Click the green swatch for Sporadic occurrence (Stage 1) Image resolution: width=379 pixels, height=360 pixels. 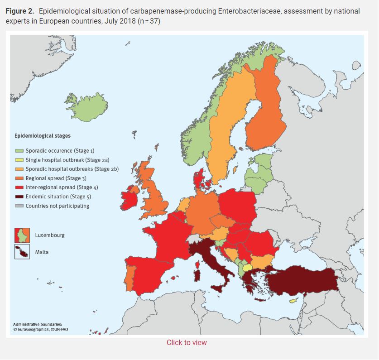pos(19,150)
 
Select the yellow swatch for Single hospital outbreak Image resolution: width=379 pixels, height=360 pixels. pos(19,159)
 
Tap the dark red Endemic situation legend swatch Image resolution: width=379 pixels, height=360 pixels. pos(19,197)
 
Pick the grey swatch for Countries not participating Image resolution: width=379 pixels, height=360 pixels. pos(19,206)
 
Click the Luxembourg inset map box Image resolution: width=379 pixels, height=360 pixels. pos(22,235)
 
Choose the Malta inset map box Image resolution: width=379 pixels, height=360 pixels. pos(22,252)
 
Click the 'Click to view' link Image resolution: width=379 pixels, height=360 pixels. pos(187,342)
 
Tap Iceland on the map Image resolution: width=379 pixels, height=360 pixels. pos(86,107)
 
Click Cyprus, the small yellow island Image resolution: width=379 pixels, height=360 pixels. pos(293,300)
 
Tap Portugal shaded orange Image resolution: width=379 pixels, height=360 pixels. pos(128,278)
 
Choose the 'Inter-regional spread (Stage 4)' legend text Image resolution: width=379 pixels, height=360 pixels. pos(62,187)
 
